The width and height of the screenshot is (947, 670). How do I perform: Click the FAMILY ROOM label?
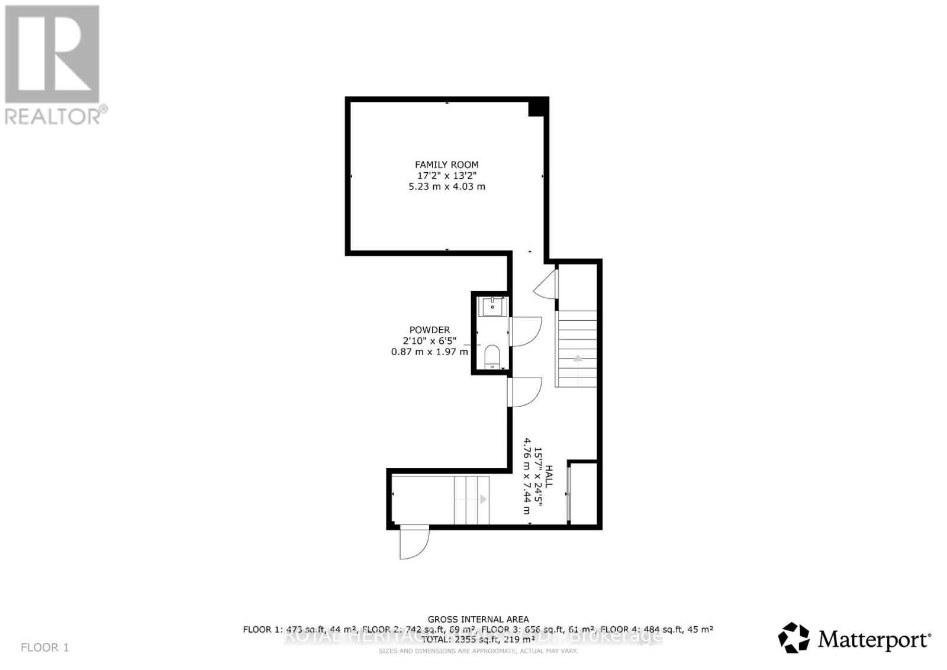coord(446,165)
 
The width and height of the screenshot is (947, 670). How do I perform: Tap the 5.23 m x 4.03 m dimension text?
coord(446,186)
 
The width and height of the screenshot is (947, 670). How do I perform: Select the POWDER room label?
coord(429,330)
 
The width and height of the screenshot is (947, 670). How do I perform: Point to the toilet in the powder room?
coord(492,356)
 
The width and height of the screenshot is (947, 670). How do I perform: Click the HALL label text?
coord(549,476)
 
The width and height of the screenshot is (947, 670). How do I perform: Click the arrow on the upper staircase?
coord(576,359)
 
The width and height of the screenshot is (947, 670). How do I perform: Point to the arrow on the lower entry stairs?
coord(482,500)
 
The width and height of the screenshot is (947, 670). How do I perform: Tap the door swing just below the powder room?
coord(526,392)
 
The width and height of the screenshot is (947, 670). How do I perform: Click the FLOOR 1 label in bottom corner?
coord(45,648)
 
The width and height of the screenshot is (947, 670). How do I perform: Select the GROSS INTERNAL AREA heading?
coord(478,619)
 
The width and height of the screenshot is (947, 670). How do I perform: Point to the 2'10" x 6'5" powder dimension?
coord(433,341)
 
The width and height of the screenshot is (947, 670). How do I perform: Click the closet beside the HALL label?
coord(583,492)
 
